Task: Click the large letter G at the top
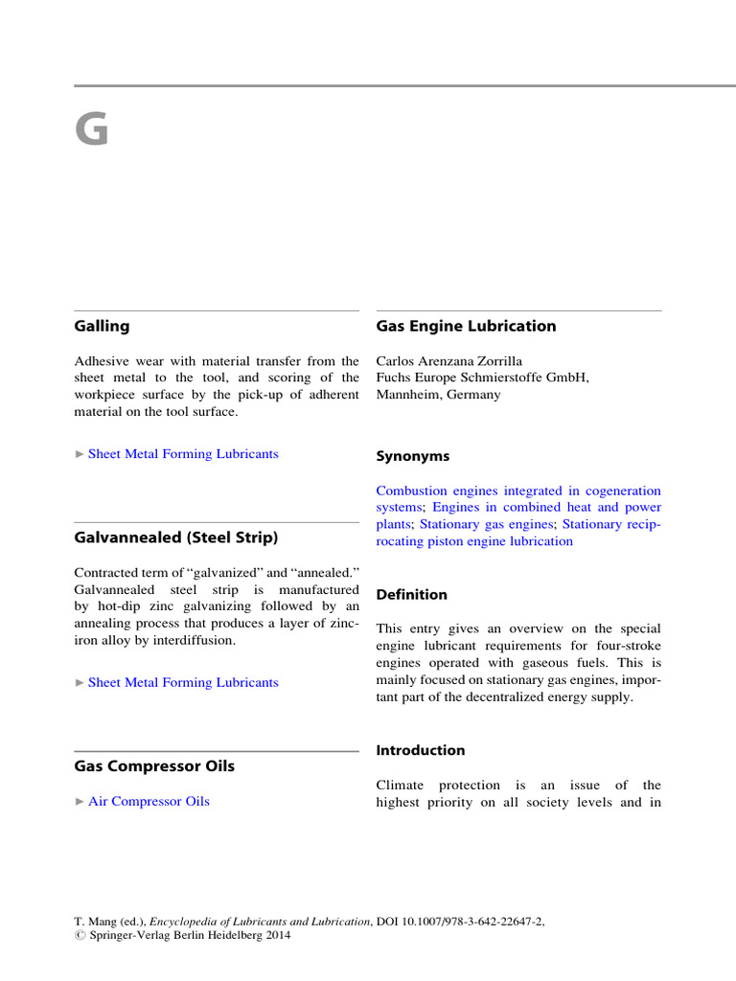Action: [x=92, y=130]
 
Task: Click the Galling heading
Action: [x=102, y=326]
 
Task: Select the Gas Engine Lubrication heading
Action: [x=466, y=326]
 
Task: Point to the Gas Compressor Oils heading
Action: [x=154, y=766]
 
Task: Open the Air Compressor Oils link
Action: [x=149, y=801]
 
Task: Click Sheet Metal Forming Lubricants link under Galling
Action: [x=183, y=454]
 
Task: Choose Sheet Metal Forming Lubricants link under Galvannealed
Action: [x=183, y=682]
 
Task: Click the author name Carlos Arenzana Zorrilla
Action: [x=449, y=361]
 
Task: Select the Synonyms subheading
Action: [x=412, y=456]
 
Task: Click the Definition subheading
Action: [x=411, y=595]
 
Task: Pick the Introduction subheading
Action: [x=420, y=750]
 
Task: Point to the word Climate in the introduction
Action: [x=401, y=786]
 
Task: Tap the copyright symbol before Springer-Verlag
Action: [x=80, y=936]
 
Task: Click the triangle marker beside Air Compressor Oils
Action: [x=80, y=802]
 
